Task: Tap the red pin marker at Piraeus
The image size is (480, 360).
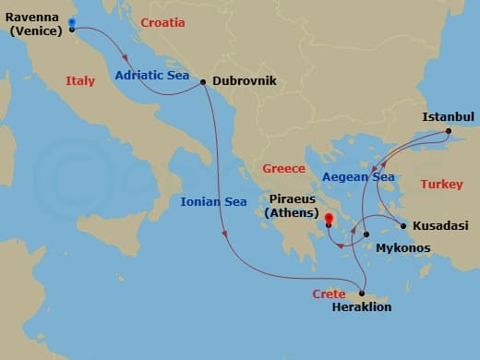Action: [328, 220]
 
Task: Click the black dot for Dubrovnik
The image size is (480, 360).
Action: [203, 81]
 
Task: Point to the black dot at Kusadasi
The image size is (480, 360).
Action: [402, 225]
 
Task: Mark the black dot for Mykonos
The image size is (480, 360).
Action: [366, 234]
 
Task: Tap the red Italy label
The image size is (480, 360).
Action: [80, 81]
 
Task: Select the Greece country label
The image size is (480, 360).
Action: [283, 169]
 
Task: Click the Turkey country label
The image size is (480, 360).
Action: [441, 185]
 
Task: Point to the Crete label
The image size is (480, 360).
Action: [329, 294]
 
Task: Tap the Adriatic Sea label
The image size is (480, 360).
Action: [151, 76]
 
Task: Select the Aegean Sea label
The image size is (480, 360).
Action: [358, 176]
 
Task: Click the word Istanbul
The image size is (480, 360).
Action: [448, 117]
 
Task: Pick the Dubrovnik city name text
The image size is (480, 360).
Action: [245, 81]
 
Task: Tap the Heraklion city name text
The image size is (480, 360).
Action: [361, 307]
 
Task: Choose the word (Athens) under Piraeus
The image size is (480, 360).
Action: [291, 214]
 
